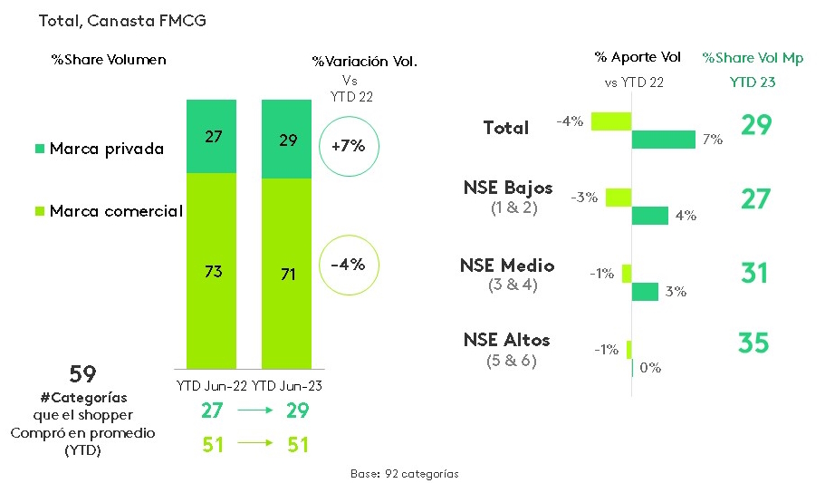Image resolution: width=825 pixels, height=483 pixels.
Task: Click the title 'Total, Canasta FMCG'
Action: [x=122, y=20]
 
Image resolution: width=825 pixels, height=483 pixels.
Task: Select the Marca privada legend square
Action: [x=40, y=148]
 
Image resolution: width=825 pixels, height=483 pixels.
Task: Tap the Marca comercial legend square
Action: [x=40, y=211]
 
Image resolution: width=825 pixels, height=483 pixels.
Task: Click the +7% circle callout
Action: [x=348, y=145]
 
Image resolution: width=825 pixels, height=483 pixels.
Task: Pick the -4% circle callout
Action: [x=348, y=265]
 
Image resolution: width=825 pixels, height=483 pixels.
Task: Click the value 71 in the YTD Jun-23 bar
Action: [x=287, y=272]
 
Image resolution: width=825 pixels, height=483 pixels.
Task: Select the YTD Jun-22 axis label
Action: [x=211, y=386]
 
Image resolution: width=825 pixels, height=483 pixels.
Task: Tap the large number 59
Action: [x=82, y=374]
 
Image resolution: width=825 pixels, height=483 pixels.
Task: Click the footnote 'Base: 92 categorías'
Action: [x=404, y=473]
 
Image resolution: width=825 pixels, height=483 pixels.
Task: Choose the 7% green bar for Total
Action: [x=663, y=139]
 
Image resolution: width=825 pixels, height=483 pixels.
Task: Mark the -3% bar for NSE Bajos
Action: [x=618, y=197]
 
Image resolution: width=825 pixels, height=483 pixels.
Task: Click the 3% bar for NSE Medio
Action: [x=645, y=291]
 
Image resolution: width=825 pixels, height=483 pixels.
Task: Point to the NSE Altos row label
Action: [x=506, y=341]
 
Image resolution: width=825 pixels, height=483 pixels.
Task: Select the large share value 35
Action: [x=753, y=343]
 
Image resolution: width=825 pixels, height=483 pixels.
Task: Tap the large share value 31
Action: [x=753, y=272]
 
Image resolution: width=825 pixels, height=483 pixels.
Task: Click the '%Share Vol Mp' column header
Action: [x=753, y=58]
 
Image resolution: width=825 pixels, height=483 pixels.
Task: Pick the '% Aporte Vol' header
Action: [x=638, y=57]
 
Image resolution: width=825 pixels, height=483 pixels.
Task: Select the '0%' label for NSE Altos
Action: [x=649, y=368]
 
